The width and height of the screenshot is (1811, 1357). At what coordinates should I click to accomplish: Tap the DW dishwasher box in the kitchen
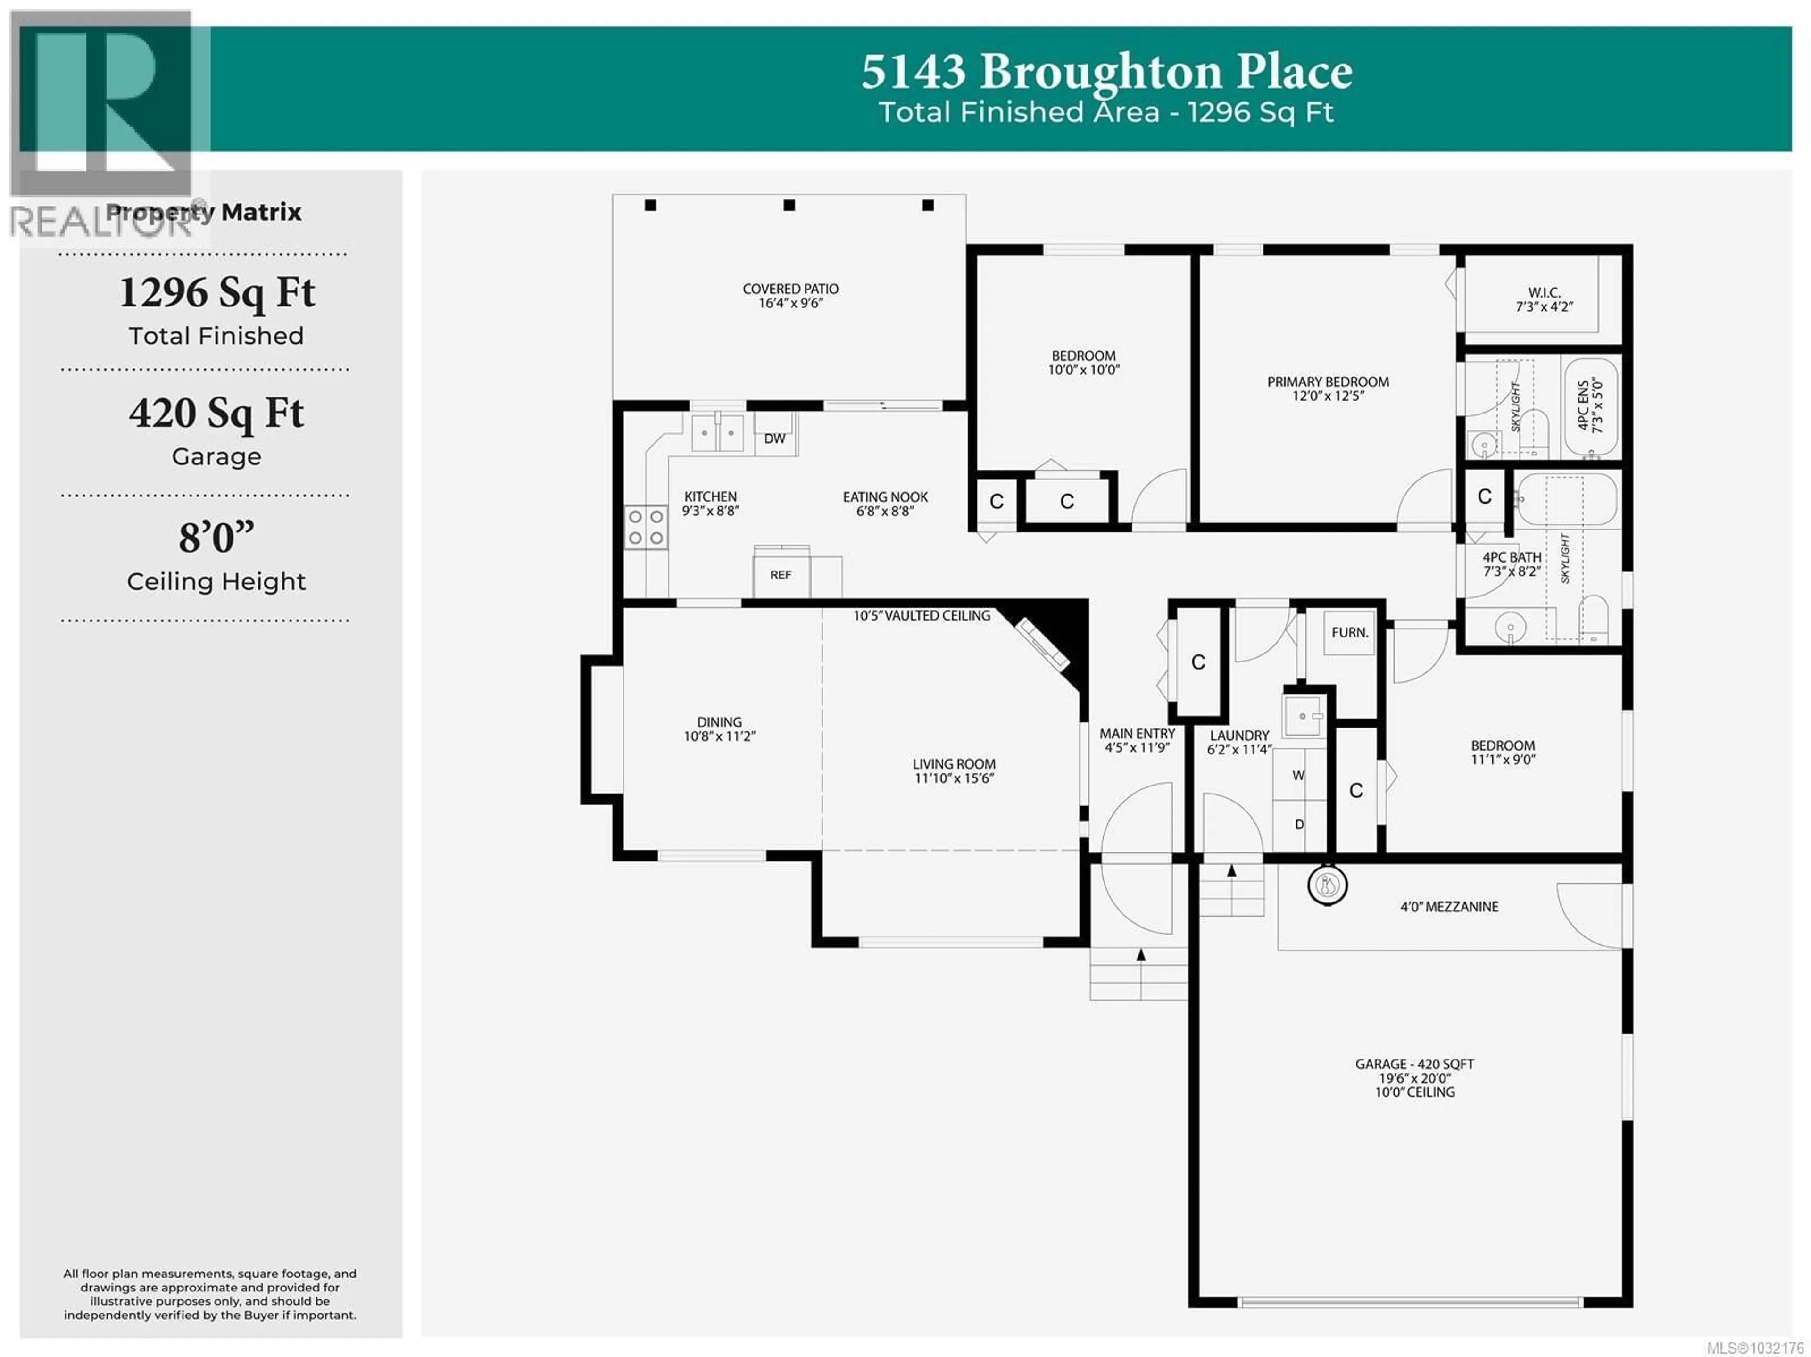pyautogui.click(x=774, y=439)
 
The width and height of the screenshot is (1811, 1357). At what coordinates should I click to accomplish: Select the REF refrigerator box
pyautogui.click(x=780, y=575)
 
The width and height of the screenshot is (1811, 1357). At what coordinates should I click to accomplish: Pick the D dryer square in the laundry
pyautogui.click(x=1298, y=824)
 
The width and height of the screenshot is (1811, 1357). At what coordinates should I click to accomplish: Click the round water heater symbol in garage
pyautogui.click(x=1327, y=885)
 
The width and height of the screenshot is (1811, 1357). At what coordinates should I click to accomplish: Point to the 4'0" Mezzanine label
pyautogui.click(x=1449, y=907)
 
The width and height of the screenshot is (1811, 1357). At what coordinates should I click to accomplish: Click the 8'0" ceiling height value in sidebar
pyautogui.click(x=216, y=538)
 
